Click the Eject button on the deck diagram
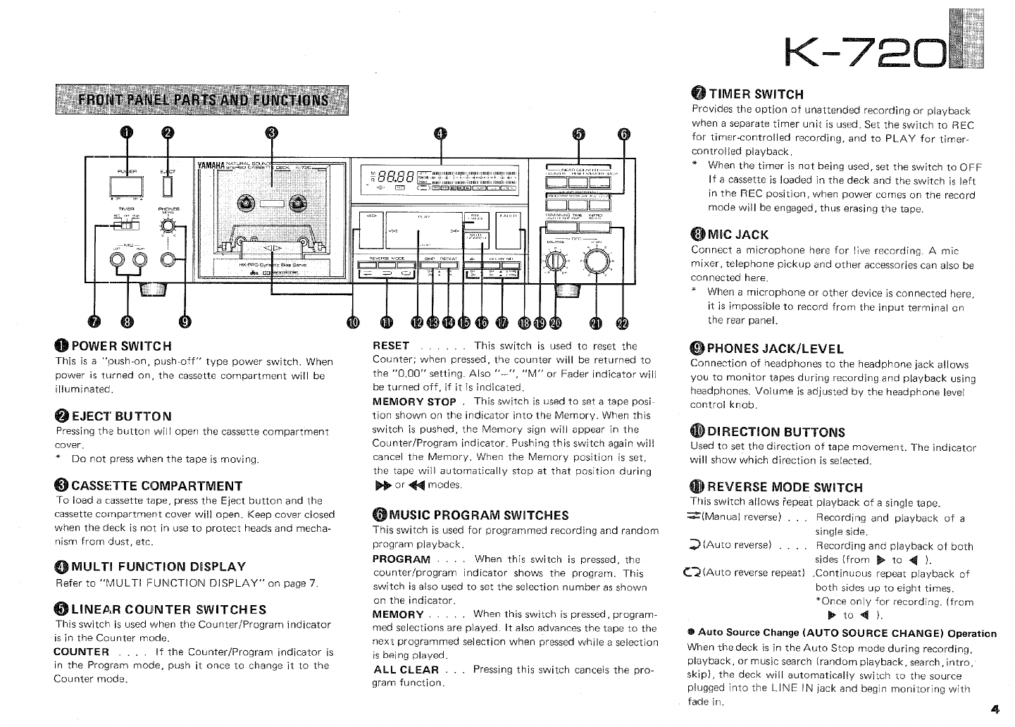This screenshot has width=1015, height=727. [x=167, y=186]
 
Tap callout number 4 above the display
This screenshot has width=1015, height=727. [x=440, y=135]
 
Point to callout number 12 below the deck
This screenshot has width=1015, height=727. [x=418, y=322]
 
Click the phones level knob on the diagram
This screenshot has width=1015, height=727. [x=168, y=225]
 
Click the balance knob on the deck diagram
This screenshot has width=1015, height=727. [x=556, y=262]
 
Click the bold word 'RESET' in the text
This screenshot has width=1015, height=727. [x=390, y=346]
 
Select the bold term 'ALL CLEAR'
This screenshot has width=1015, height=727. [x=406, y=669]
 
